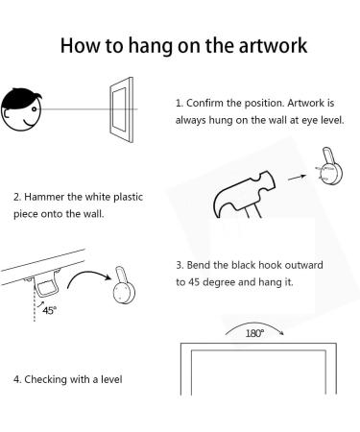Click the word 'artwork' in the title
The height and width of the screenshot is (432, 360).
click(x=273, y=45)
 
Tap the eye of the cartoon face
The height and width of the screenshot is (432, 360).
click(x=34, y=109)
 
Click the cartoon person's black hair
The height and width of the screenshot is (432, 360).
click(x=20, y=98)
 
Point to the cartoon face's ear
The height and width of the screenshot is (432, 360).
click(x=7, y=114)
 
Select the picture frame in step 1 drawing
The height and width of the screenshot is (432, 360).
click(x=121, y=109)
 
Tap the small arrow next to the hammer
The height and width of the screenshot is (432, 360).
click(x=297, y=177)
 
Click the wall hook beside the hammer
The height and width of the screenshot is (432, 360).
click(x=330, y=166)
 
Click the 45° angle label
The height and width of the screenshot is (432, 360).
click(x=49, y=310)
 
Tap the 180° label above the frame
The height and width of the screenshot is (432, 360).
click(x=254, y=333)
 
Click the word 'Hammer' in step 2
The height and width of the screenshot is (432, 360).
click(x=44, y=197)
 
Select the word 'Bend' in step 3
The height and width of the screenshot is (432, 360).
click(x=199, y=265)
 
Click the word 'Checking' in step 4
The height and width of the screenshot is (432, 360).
click(x=45, y=379)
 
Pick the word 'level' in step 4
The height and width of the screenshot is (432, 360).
click(x=111, y=379)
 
